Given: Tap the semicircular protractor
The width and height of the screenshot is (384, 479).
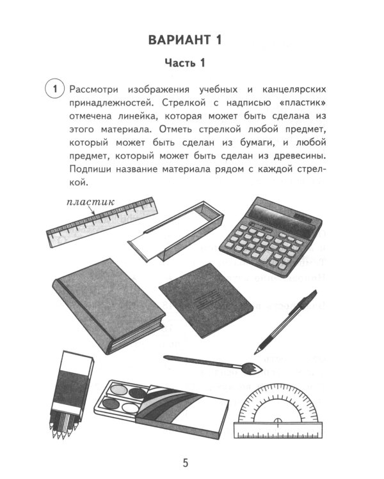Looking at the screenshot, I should point(277,409).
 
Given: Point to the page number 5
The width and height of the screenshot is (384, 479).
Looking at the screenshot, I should point(185,462).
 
